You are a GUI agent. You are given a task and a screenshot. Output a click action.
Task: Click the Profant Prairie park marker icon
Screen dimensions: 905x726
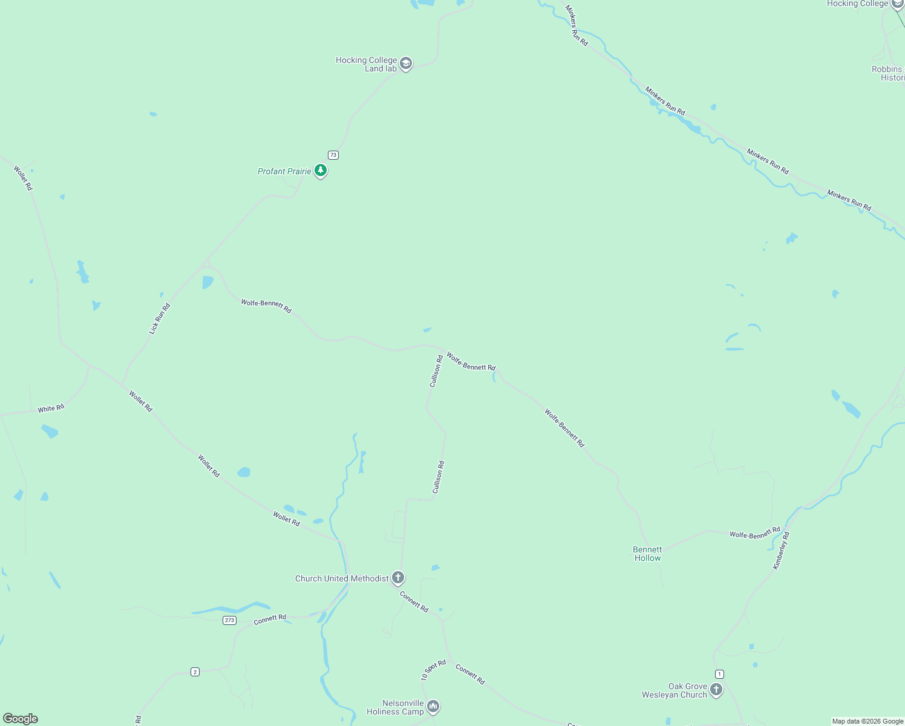coord(321,171)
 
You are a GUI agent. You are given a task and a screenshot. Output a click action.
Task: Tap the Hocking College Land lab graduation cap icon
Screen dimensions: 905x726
coord(406,64)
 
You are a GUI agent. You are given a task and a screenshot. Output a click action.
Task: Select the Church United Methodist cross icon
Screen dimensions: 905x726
coord(397,577)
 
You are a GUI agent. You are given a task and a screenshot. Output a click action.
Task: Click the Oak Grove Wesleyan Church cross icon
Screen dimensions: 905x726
coord(716,689)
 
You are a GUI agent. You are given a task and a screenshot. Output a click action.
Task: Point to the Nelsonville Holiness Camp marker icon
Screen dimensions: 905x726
coord(433,706)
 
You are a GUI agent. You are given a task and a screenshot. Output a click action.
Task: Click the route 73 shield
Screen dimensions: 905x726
coord(333,155)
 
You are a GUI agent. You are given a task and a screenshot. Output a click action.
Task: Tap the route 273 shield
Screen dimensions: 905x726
coord(229,620)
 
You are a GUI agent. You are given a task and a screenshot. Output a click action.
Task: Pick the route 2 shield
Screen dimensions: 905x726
coord(195,672)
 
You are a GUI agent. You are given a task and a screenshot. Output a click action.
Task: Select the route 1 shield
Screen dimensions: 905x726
coord(719,674)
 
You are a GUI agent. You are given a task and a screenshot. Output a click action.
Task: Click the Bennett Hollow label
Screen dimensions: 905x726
coord(647,554)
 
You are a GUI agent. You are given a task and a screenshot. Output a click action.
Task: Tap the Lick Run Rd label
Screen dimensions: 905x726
coord(160,319)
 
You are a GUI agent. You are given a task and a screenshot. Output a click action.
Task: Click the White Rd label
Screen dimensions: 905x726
coord(51,409)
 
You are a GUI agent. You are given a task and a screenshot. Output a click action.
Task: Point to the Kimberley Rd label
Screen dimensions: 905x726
coord(781,550)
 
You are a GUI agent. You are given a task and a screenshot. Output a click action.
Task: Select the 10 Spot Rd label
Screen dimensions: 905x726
coord(433,670)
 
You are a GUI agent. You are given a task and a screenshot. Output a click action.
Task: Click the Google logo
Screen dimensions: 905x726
coord(21,719)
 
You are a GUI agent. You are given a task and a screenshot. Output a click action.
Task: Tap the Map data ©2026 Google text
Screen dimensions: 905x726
coord(867,721)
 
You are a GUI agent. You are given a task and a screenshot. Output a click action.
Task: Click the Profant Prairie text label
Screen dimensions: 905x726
coord(284,171)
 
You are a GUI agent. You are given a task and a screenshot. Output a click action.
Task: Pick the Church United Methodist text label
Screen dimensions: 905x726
coord(342,578)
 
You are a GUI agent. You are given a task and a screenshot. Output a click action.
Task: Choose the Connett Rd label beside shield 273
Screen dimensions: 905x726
coord(270,619)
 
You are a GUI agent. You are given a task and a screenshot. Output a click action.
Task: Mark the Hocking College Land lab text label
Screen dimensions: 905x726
coord(367,64)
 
